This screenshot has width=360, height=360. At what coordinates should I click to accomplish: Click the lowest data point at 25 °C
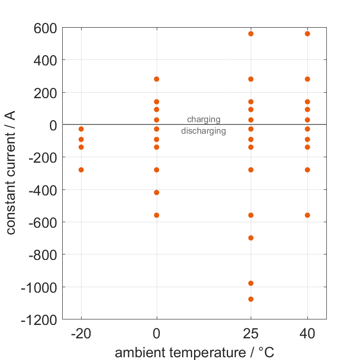click(x=251, y=299)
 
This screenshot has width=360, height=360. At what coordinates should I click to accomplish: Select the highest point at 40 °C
click(x=307, y=34)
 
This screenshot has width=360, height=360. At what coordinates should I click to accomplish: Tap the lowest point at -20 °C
click(x=81, y=170)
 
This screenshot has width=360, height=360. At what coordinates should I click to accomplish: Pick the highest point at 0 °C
click(x=157, y=79)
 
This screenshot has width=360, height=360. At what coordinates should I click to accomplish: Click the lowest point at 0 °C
click(x=157, y=215)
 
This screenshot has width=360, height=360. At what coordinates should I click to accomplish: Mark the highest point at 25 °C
click(x=251, y=34)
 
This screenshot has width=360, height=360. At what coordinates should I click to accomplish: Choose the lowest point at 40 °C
click(x=307, y=215)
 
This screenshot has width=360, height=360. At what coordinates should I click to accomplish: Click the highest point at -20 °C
click(x=81, y=129)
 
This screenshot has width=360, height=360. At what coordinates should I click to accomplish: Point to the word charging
click(x=203, y=120)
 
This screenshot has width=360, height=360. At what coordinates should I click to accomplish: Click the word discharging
click(x=203, y=131)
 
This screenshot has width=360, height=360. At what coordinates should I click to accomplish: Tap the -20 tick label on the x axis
click(x=81, y=334)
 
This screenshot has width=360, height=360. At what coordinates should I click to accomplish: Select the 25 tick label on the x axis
click(x=251, y=334)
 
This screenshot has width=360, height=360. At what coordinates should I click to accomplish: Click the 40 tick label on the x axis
click(x=307, y=334)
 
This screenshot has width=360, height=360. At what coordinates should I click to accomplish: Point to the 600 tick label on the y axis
click(x=45, y=28)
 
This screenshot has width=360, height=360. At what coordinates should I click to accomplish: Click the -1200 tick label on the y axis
click(x=39, y=319)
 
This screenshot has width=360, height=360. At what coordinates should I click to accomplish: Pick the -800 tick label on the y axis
click(x=42, y=254)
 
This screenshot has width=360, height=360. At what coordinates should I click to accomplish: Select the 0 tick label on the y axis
click(x=51, y=125)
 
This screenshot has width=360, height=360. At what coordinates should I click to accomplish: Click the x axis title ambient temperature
click(x=194, y=353)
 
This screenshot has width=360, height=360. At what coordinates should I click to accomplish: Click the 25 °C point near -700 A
click(x=251, y=238)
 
